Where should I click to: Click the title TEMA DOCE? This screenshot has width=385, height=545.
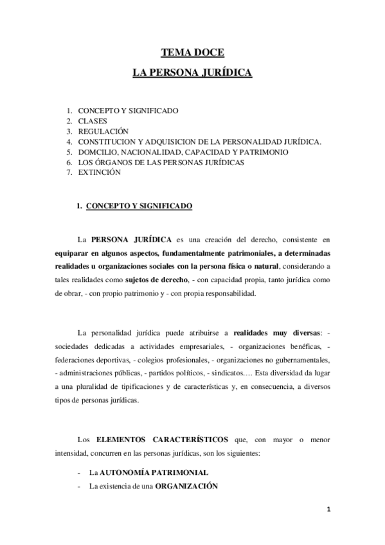[192, 54]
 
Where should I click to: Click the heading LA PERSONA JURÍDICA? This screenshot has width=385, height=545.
[192, 74]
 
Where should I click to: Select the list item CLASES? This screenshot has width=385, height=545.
[93, 121]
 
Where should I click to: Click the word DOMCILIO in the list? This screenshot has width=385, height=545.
[98, 152]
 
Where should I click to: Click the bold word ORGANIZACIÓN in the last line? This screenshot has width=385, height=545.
[187, 486]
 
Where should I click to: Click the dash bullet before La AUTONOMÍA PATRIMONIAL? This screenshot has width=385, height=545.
[78, 472]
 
